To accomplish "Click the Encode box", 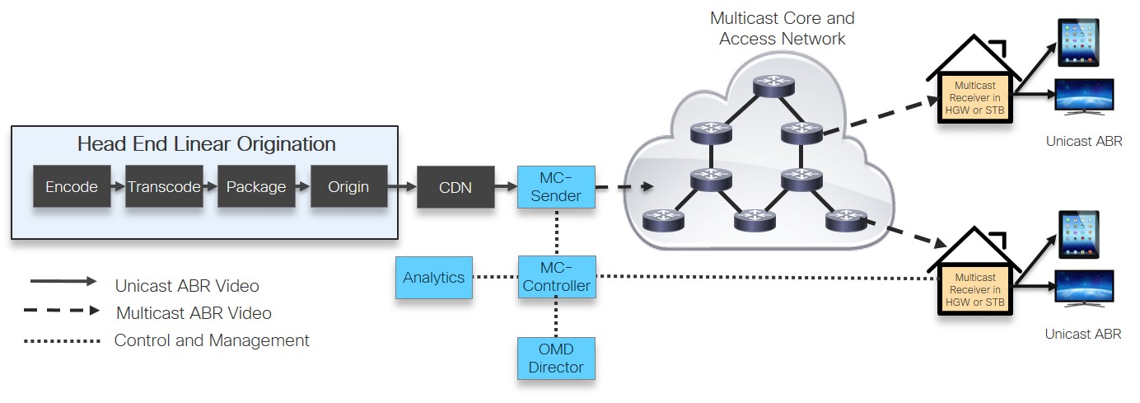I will (x=72, y=187).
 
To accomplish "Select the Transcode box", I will (x=164, y=187).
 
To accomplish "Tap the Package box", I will (x=256, y=187).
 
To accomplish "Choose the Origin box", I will (x=348, y=187).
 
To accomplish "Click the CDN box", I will (x=456, y=187).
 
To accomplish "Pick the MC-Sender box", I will (x=556, y=187).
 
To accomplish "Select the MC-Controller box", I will (x=556, y=277).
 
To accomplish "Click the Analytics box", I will (x=434, y=278).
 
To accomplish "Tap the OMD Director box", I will (x=556, y=358).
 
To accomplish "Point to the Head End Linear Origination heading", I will (x=206, y=144).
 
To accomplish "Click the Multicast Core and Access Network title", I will (x=782, y=28).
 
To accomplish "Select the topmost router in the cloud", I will (x=773, y=84).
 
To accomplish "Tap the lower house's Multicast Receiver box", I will (x=974, y=290).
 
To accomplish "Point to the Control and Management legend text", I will (x=212, y=340).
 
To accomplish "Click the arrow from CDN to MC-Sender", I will (x=506, y=188).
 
